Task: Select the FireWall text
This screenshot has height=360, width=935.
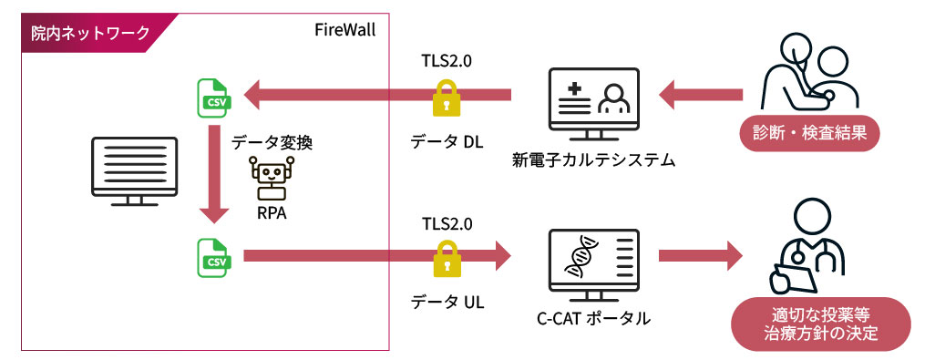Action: (x=345, y=30)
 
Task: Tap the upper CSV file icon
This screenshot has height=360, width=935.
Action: (x=214, y=98)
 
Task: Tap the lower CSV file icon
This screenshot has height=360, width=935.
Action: (x=214, y=257)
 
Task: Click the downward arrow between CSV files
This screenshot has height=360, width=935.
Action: (x=214, y=174)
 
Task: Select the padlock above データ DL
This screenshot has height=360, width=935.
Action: (x=446, y=98)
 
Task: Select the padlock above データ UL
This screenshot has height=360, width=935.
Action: (x=446, y=258)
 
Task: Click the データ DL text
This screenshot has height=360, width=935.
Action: (x=446, y=142)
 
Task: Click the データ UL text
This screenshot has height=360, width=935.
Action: (x=447, y=303)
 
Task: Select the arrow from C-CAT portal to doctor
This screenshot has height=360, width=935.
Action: (x=700, y=256)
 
